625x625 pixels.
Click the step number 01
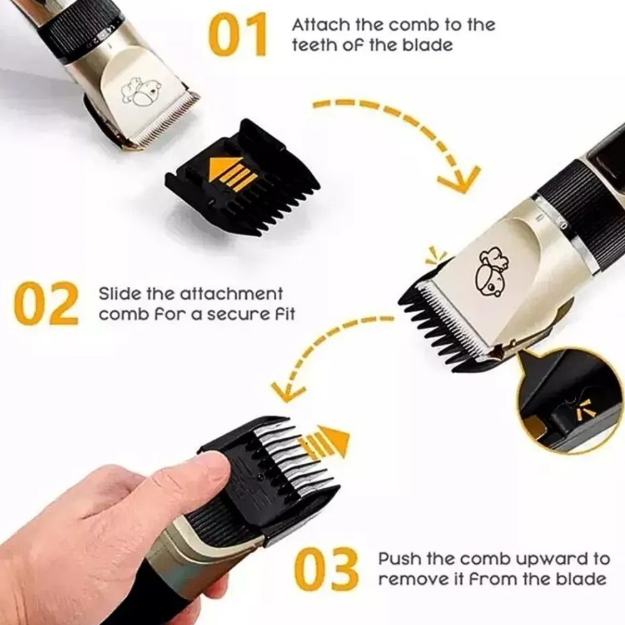coord(237,35)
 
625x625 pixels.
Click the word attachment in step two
coord(231,294)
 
